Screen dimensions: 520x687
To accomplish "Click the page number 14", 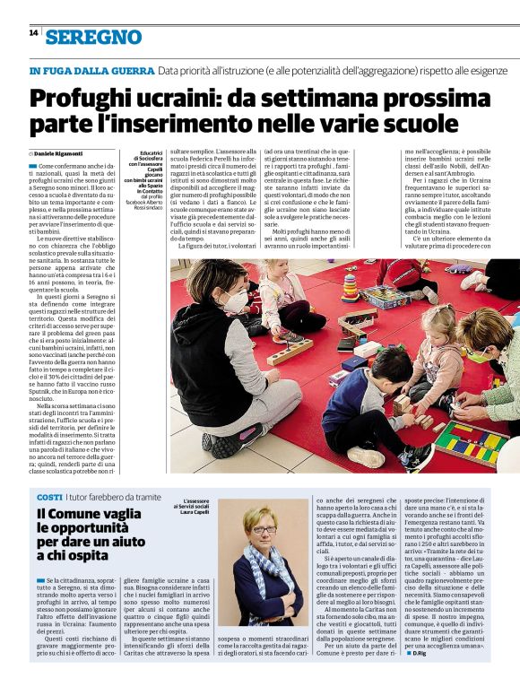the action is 33,32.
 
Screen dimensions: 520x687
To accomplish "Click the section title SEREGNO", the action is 94,37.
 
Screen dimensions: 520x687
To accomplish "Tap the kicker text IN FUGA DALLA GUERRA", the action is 91,70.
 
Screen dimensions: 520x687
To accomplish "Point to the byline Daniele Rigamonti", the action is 61,154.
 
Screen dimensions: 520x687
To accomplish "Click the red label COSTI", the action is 49,497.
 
